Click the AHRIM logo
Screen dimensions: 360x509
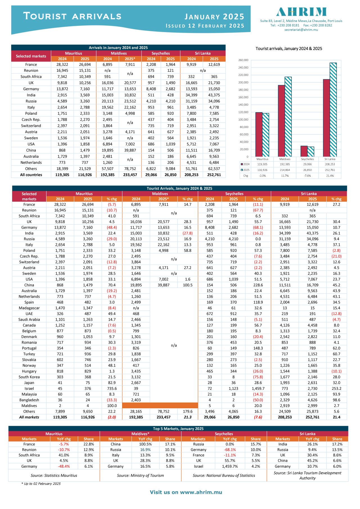coord(301,12)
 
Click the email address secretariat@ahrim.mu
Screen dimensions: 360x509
coord(301,30)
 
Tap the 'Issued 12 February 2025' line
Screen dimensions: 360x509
coord(205,26)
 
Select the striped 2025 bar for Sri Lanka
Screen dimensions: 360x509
coord(333,110)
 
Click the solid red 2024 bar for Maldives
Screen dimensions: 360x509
coord(281,121)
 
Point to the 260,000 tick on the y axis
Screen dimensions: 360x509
coord(243,60)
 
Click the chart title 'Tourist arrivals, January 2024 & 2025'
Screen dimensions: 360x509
coord(289,49)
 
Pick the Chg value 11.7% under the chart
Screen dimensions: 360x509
coord(285,176)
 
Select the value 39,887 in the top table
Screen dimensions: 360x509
coord(130,150)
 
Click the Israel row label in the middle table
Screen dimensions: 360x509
coord(29,388)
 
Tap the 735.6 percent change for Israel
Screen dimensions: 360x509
coord(112,388)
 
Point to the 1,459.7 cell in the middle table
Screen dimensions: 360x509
coord(258,388)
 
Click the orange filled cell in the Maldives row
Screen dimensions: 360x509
coord(160,406)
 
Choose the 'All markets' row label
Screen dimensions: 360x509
coord(29,417)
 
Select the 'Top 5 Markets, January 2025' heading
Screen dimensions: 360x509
coord(178,429)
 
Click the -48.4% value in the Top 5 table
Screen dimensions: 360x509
coord(64,466)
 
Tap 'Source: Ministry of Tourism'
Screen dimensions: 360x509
coord(140,476)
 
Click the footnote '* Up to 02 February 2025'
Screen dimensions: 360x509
coord(41,484)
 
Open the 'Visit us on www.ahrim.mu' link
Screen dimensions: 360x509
coord(186,492)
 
